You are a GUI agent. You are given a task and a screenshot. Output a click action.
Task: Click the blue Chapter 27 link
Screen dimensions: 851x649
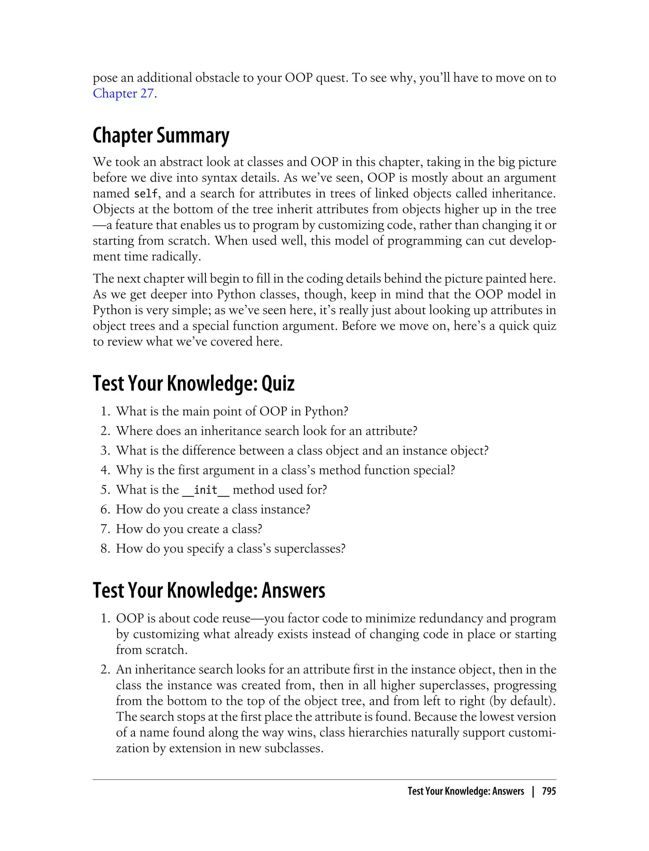[x=123, y=93]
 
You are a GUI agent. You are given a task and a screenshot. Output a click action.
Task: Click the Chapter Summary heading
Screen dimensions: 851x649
[x=161, y=136]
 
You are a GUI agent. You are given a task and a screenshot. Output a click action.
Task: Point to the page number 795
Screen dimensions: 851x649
[x=549, y=791]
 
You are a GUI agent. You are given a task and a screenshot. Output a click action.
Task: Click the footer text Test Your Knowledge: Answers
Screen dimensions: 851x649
[x=466, y=791]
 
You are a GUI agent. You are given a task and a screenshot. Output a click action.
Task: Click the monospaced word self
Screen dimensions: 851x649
[x=146, y=193]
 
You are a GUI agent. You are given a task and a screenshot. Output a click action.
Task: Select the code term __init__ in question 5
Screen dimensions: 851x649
[x=206, y=490]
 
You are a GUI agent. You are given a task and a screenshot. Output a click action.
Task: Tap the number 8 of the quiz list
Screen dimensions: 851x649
[x=105, y=548]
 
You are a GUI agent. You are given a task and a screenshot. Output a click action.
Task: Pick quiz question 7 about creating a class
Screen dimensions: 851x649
[x=189, y=529]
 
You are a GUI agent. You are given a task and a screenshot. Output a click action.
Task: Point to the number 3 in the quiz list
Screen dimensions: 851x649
[x=105, y=451]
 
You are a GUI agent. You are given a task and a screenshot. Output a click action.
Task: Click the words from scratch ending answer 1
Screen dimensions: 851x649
[x=151, y=650]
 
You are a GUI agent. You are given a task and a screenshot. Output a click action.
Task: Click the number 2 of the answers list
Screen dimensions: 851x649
[x=105, y=669]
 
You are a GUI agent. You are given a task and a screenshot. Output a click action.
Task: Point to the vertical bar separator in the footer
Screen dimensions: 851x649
[x=533, y=791]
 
